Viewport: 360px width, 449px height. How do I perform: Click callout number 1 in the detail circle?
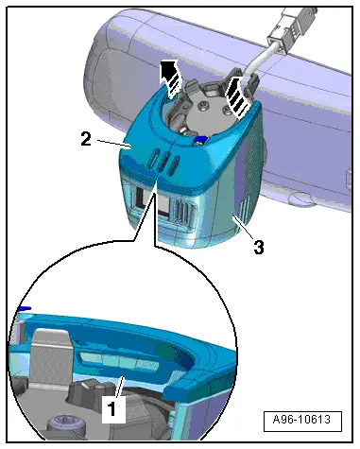click(111, 409)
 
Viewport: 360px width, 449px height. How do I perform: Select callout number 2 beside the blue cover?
click(86, 139)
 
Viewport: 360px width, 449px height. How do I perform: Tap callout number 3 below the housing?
click(259, 248)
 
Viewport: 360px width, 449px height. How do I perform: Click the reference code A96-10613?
click(302, 420)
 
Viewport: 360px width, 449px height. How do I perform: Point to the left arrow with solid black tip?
click(170, 78)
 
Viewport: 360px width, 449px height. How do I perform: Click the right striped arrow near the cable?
click(236, 95)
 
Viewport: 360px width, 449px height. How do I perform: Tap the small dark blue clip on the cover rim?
click(200, 140)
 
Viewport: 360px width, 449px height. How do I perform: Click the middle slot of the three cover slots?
click(163, 162)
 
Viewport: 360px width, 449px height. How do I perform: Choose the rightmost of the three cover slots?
click(174, 165)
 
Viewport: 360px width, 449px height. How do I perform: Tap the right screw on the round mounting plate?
click(227, 110)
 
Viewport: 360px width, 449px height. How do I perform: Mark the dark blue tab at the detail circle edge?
click(25, 308)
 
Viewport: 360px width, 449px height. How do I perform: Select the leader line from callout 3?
click(244, 228)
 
